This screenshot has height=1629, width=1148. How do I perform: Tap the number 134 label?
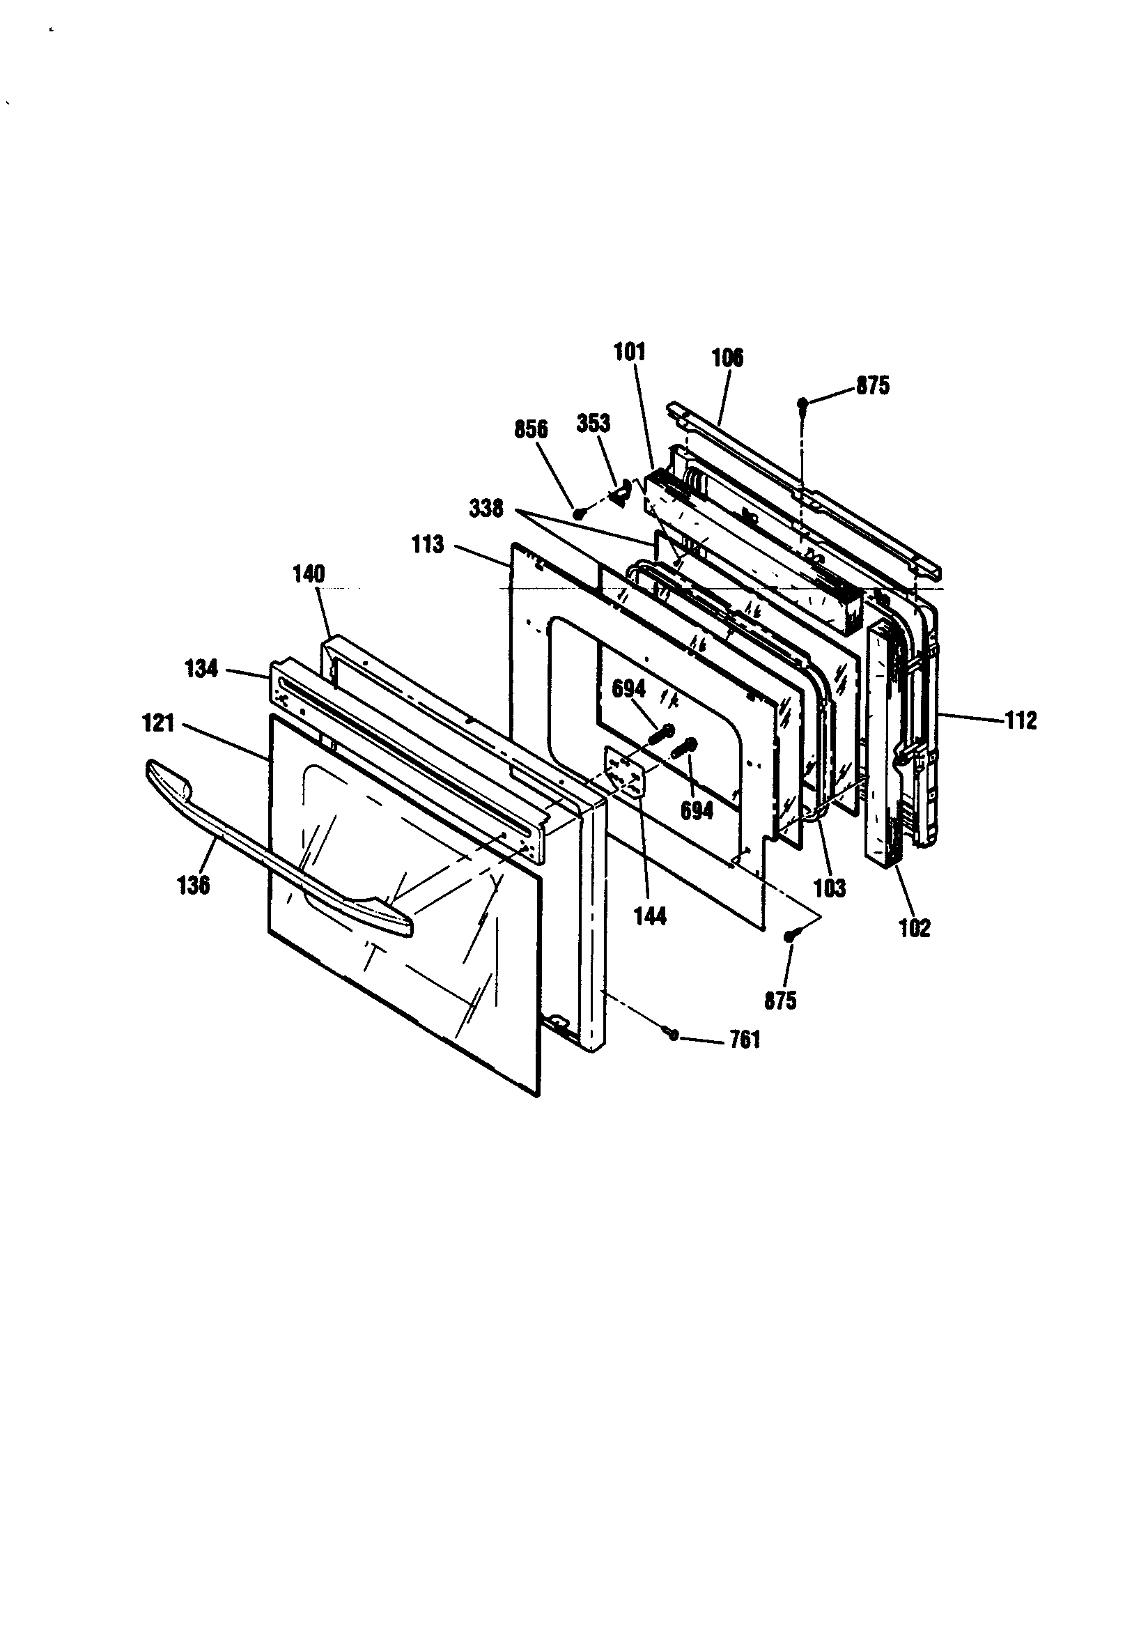(201, 669)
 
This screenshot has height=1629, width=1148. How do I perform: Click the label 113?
(427, 545)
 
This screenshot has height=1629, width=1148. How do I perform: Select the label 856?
(531, 429)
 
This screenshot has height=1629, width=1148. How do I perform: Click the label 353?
(594, 423)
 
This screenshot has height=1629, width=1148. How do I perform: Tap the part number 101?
(629, 352)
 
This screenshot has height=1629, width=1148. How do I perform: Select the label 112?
(1021, 721)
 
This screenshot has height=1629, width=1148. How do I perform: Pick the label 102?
(914, 928)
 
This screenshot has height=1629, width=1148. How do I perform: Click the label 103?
(830, 888)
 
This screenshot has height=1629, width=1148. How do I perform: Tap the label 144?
(650, 917)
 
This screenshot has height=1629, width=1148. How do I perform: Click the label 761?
(744, 1040)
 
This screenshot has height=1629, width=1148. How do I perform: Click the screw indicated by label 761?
(673, 1035)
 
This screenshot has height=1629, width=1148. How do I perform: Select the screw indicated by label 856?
(579, 513)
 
